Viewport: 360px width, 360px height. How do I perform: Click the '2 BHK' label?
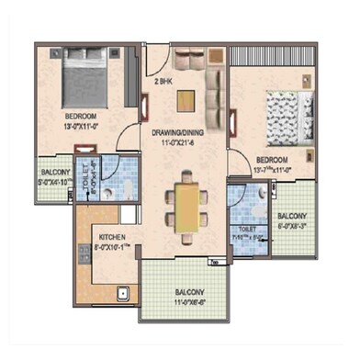pyautogui.click(x=163, y=84)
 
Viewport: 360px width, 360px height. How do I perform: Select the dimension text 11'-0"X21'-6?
pyautogui.click(x=174, y=143)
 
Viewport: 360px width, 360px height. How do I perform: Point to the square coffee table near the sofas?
pyautogui.click(x=188, y=85)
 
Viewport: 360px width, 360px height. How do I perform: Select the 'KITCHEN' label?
pyautogui.click(x=112, y=238)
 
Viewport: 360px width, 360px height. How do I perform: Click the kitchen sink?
pyautogui.click(x=120, y=295)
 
